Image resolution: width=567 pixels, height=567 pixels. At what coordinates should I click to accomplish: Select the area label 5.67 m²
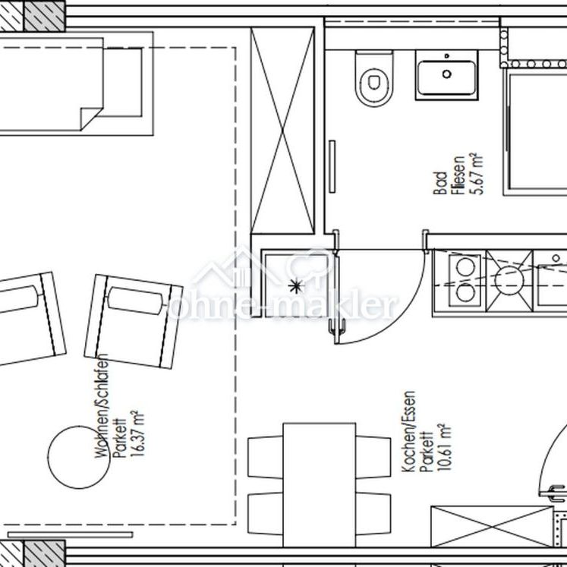point(478,174)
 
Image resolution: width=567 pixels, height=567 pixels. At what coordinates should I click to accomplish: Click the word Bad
point(439,184)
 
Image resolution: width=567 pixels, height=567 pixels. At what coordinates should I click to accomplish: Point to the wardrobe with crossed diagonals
point(282,133)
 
